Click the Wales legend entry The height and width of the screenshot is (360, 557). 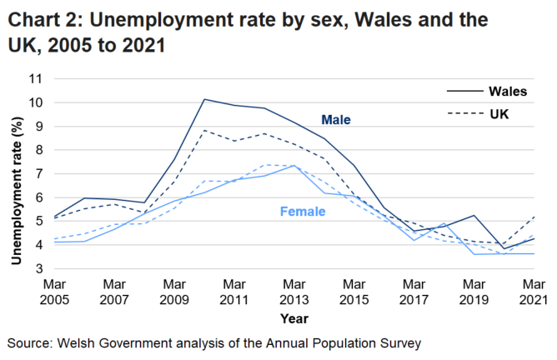click(507, 91)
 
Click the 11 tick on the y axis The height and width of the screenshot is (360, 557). click(34, 78)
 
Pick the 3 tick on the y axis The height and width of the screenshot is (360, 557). click(38, 269)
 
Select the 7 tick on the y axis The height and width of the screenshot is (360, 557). click(38, 174)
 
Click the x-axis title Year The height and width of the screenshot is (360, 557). click(294, 319)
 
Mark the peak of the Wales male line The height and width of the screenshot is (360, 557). click(204, 99)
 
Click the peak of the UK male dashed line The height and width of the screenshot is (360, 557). click(204, 130)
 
